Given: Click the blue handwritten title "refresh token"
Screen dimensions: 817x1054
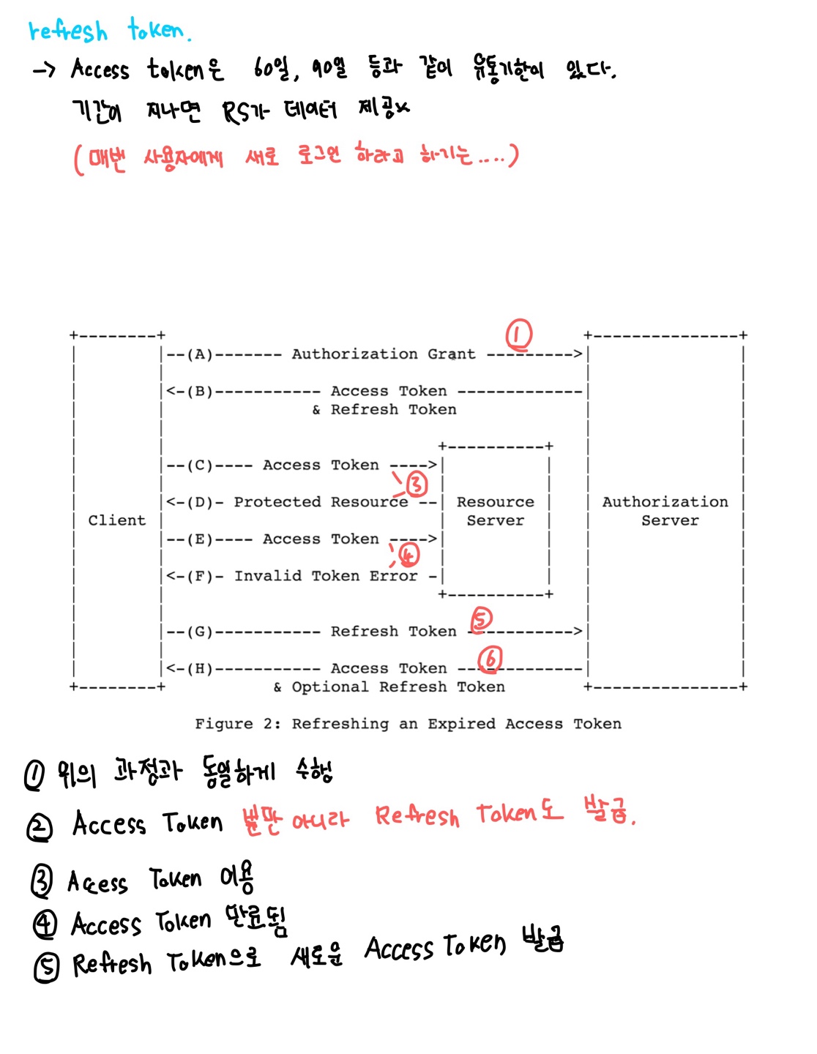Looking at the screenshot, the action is [110, 31].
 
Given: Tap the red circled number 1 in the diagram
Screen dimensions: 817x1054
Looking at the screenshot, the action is [519, 335].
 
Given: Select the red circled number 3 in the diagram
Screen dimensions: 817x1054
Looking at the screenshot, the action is [416, 484].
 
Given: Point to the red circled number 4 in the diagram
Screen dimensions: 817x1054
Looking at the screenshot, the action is [409, 555].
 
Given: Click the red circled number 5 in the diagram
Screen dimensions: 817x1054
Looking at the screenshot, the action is [481, 619].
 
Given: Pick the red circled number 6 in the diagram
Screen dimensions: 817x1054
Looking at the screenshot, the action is [490, 659].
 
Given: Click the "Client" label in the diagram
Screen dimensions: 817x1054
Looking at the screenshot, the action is [117, 520].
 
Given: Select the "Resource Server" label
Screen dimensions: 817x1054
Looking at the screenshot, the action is [496, 511].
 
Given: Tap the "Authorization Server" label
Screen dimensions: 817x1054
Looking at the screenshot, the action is [665, 511].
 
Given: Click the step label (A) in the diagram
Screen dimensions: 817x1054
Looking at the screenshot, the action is [200, 355].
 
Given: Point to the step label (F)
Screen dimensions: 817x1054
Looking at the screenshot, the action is [200, 576].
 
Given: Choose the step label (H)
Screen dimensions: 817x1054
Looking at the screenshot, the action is [200, 668].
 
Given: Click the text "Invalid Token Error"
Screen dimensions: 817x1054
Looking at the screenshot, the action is [326, 576].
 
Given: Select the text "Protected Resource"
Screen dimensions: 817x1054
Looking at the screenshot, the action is [321, 502].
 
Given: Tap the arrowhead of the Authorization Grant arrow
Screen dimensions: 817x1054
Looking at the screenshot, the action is [578, 355].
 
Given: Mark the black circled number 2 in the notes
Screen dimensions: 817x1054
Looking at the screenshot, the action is [40, 828].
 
